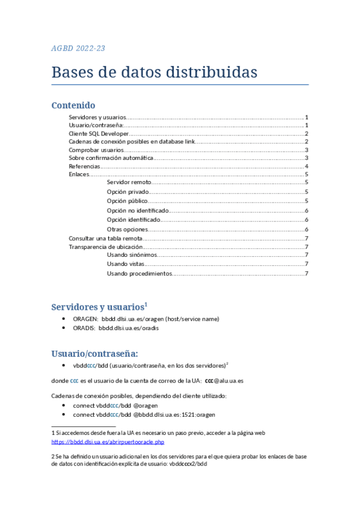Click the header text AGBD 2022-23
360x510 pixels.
tap(79, 49)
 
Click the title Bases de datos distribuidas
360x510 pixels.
tap(154, 72)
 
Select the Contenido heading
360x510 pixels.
tap(73, 105)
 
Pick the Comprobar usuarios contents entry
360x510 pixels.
tap(96, 150)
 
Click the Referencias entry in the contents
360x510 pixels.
tap(84, 166)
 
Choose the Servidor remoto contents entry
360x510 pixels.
tap(129, 182)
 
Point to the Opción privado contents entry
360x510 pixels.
tap(127, 192)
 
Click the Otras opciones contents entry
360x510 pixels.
tap(126, 229)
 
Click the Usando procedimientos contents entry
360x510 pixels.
tap(139, 274)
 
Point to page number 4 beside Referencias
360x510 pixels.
tap(307, 166)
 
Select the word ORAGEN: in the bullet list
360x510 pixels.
tap(85, 319)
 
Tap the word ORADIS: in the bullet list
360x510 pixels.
tap(85, 328)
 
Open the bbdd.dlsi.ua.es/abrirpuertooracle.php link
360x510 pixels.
tap(108, 442)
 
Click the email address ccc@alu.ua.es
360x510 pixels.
tap(224, 381)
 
